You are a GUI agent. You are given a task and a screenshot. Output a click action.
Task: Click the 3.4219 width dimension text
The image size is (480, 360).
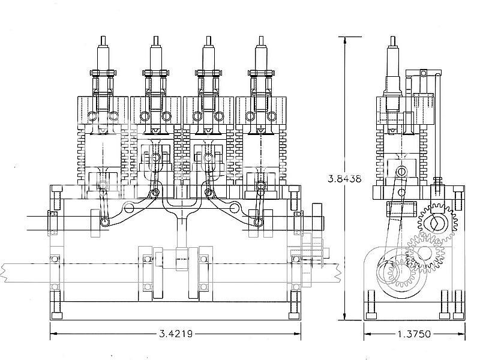pyautogui.click(x=176, y=334)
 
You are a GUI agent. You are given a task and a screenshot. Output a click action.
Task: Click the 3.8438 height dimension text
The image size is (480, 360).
pyautogui.click(x=344, y=178)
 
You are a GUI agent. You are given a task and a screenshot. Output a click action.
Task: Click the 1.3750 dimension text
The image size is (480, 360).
pyautogui.click(x=414, y=334)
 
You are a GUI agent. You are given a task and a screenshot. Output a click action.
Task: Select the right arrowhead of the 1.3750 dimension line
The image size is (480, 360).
pyautogui.click(x=461, y=334)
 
